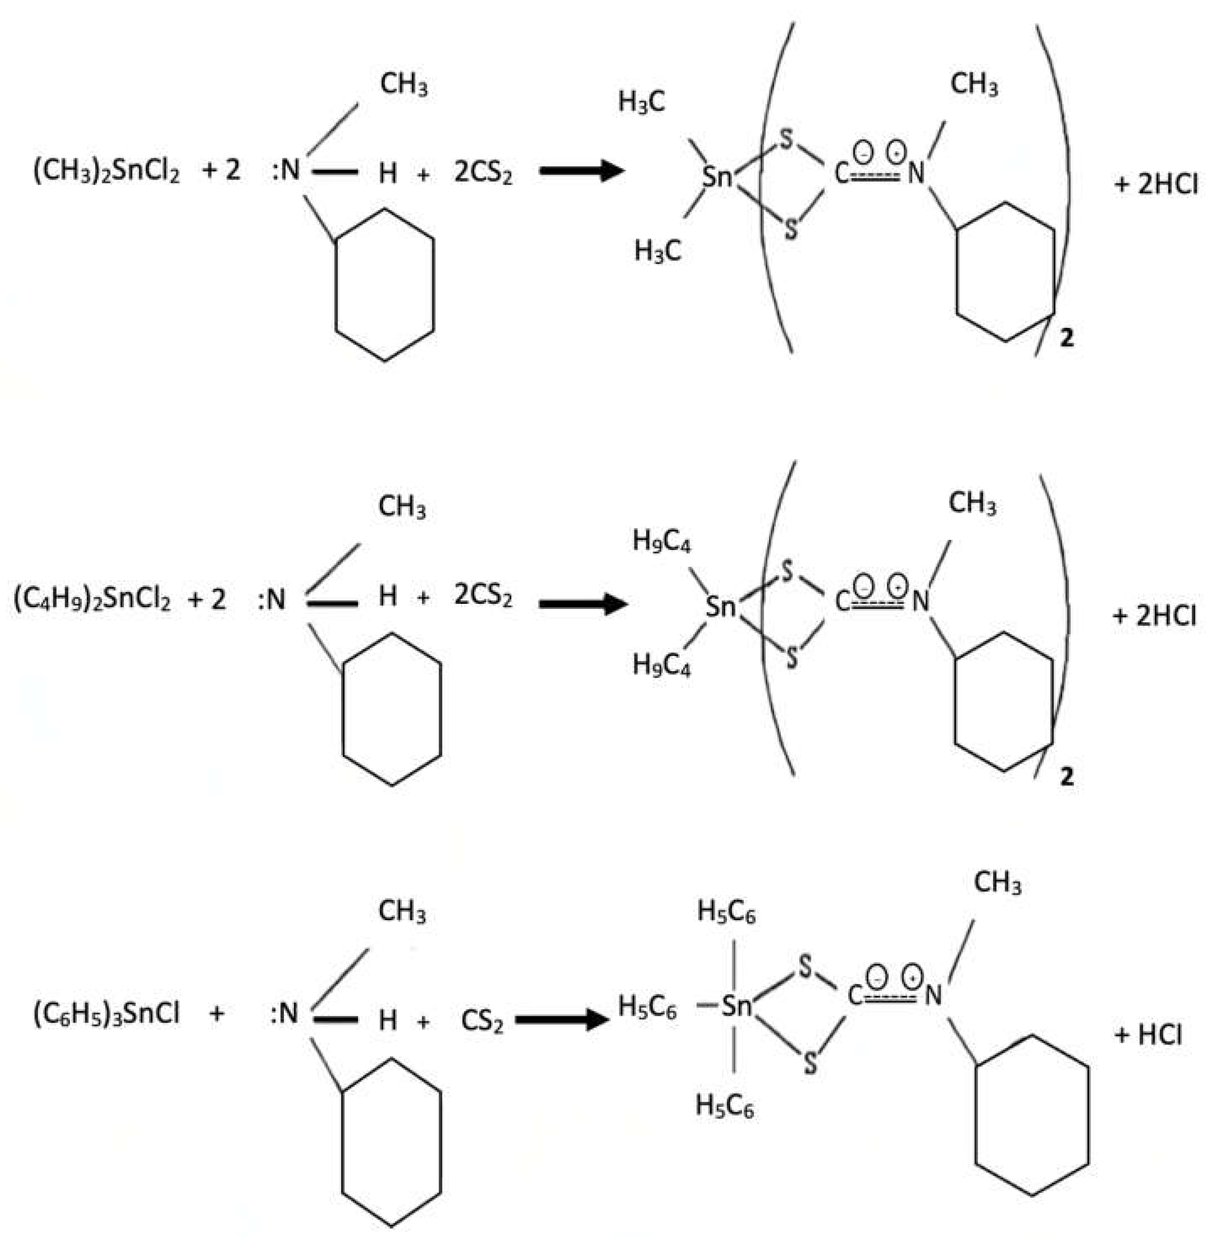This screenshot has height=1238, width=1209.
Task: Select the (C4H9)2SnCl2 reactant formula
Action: (92, 599)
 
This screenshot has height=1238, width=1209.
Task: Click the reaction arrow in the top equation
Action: (581, 171)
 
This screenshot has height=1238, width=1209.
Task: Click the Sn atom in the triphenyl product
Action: (737, 1007)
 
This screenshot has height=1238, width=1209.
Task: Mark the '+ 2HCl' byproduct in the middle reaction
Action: (1155, 616)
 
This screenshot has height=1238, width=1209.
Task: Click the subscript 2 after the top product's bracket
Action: (1067, 338)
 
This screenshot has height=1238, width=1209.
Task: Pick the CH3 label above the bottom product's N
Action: (997, 883)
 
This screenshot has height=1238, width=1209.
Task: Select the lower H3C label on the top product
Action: (657, 252)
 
